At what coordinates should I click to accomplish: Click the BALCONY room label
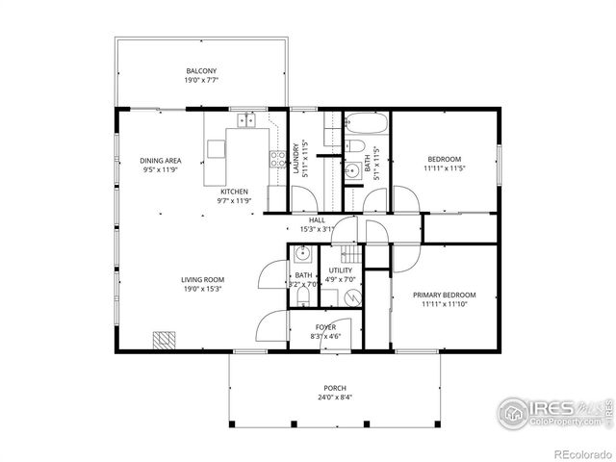[x=201, y=70]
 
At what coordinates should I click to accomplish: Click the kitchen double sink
[x=246, y=120]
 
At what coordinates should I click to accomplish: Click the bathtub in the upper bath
[x=367, y=124]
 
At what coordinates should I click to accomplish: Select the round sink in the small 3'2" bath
[x=301, y=255]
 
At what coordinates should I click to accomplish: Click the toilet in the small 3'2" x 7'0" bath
[x=301, y=297]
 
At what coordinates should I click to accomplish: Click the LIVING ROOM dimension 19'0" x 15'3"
[x=202, y=289]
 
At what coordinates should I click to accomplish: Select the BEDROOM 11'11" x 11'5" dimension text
[x=444, y=168]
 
